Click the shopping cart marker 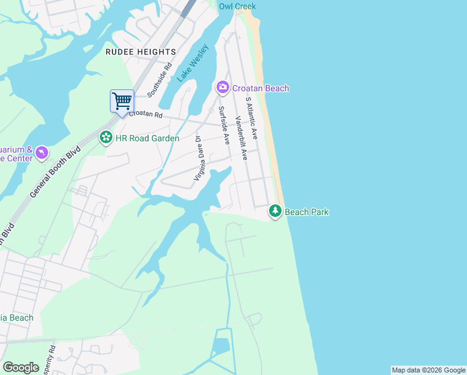(x=122, y=101)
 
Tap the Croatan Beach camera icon (x=222, y=88)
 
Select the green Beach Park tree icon (x=275, y=212)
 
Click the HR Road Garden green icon (x=106, y=137)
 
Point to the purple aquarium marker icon (x=41, y=153)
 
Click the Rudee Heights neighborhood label (x=140, y=52)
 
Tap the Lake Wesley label (x=192, y=66)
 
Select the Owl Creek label (x=237, y=6)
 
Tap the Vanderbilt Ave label (x=241, y=137)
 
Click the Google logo (x=21, y=367)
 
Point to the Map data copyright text (x=428, y=370)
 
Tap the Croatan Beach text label (x=260, y=88)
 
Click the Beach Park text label (x=307, y=212)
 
